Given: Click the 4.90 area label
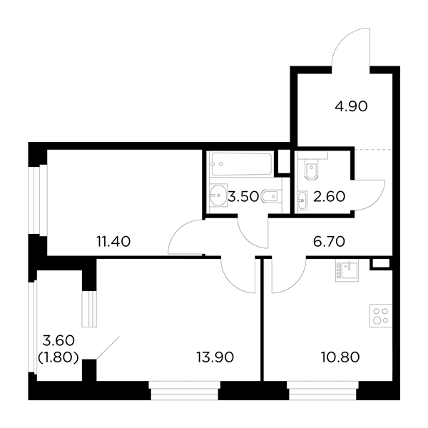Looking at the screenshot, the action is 351,106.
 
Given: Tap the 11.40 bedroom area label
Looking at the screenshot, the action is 113,242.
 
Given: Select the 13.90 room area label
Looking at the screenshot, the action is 215,357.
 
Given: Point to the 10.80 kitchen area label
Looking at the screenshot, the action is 340,357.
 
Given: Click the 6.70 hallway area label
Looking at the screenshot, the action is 329,242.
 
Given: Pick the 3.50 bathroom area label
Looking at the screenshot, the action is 243,196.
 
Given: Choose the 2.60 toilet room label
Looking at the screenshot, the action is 329,196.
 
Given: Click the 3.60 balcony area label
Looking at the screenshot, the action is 58,341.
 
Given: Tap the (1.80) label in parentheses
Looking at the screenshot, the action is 58,357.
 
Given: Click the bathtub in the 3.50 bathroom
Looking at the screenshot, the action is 242,164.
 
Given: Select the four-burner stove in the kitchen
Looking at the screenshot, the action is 381,315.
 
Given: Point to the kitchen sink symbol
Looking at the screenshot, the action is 347,271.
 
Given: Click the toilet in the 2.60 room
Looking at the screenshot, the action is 311,171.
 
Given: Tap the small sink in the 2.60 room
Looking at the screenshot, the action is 302,200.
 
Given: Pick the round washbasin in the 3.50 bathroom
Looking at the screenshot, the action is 219,195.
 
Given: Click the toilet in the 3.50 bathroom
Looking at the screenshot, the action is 271,196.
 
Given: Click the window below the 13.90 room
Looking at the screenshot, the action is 185,390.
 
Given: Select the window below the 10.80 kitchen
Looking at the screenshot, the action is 322,390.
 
